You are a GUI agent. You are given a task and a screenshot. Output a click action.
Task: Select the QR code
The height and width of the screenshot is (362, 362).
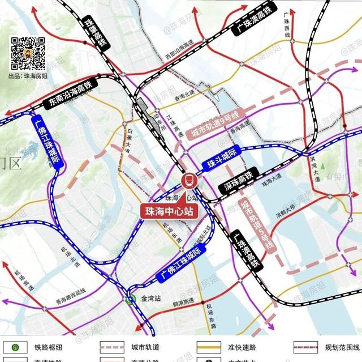click(x=28, y=54)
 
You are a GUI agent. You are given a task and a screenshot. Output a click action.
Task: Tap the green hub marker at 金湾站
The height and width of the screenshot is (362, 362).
click(x=131, y=300)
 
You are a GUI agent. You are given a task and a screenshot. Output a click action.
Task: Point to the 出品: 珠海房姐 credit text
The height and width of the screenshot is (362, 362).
click(x=28, y=76)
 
